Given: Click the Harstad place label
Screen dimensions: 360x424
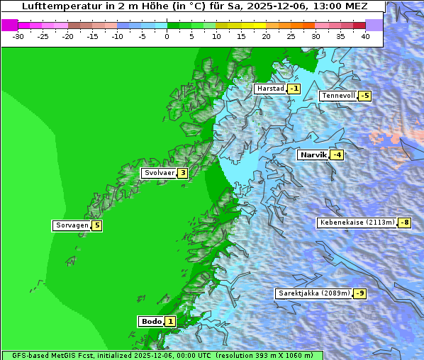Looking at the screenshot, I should (270, 89).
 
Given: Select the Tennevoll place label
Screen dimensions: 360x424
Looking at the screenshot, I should (338, 96).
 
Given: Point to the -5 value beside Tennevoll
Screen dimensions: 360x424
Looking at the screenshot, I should (364, 96).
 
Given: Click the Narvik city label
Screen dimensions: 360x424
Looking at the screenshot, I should (313, 155).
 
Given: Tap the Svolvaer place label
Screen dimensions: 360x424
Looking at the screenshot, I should (158, 173).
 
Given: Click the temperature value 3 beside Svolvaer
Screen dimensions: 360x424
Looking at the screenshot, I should (182, 173).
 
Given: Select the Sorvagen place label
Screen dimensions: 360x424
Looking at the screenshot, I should (72, 226).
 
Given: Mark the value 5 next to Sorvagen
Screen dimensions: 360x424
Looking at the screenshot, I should (97, 226).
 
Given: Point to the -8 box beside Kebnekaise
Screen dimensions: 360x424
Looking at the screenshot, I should (404, 223).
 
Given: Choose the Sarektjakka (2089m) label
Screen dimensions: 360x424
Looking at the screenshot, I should (313, 293).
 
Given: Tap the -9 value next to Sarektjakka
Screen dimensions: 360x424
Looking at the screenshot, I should (359, 293).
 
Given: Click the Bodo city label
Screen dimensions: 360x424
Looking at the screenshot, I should (152, 322).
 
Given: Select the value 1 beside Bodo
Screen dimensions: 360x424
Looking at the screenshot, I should (170, 322).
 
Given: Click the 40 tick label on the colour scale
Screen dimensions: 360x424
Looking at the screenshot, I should (365, 35).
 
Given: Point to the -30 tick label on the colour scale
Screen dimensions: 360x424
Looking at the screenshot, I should (18, 35).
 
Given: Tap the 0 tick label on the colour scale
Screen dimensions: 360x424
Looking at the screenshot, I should (167, 35).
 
